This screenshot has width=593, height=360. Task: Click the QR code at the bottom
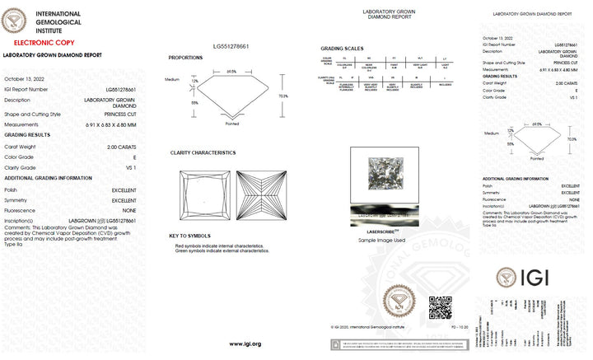click(x=440, y=307)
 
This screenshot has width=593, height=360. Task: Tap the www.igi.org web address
click(x=245, y=344)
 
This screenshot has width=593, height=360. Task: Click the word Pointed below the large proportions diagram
click(x=233, y=123)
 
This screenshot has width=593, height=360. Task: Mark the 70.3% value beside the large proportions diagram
click(x=283, y=96)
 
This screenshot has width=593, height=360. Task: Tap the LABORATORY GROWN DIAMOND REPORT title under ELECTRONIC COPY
click(x=53, y=55)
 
